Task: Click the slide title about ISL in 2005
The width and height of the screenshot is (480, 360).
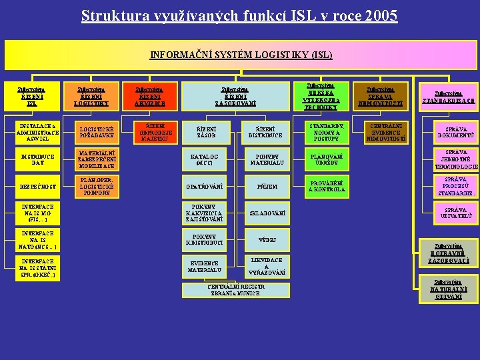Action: click(239, 15)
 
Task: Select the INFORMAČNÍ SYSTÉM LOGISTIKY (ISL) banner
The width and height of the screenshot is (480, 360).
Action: click(241, 55)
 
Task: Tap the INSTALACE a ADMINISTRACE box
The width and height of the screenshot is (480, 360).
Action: click(37, 132)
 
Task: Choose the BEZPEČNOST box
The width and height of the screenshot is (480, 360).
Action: click(37, 187)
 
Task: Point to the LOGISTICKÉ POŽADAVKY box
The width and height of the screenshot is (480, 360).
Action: click(96, 132)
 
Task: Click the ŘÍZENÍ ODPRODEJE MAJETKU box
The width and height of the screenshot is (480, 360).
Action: click(153, 132)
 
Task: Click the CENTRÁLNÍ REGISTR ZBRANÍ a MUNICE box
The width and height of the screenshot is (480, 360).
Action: click(237, 291)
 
